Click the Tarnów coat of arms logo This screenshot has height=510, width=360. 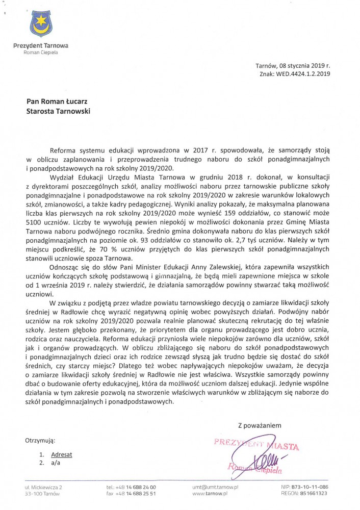coord(40,23)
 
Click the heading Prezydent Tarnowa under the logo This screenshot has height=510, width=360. coord(40,46)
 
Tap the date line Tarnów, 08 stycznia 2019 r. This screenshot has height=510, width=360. coord(294,66)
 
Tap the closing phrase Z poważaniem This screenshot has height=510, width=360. coord(260,425)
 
